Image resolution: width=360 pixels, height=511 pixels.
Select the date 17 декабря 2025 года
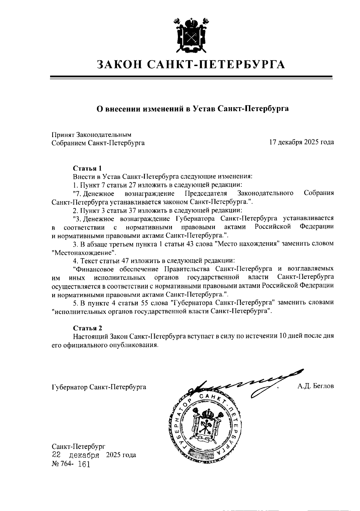click(x=301, y=142)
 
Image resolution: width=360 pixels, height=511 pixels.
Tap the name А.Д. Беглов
click(x=316, y=386)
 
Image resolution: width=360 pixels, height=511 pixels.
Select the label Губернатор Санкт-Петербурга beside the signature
click(x=99, y=387)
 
